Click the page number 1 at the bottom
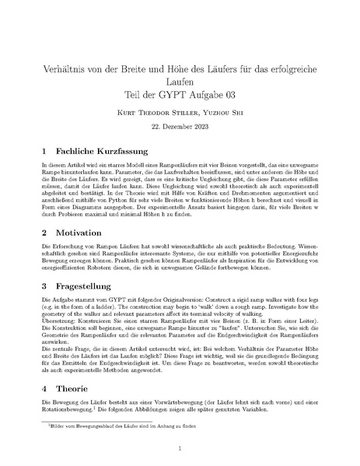[x=180, y=448]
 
